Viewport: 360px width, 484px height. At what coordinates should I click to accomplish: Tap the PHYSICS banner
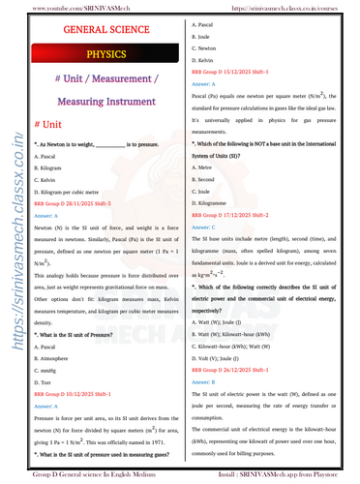(99, 55)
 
